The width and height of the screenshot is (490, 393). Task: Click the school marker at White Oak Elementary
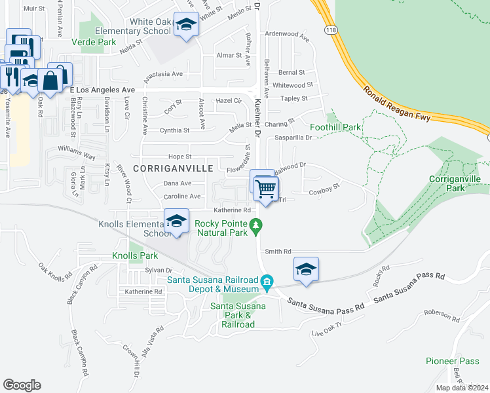click(187, 25)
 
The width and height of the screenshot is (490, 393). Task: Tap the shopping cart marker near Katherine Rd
click(265, 189)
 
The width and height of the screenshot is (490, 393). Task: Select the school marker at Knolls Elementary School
click(176, 221)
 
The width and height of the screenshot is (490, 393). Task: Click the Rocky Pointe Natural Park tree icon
click(257, 227)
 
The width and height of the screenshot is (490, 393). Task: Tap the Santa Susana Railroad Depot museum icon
click(267, 282)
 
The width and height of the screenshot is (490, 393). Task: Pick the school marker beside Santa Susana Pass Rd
click(306, 269)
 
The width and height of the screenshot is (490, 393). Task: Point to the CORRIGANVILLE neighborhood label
click(172, 168)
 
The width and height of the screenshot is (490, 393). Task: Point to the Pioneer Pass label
click(453, 361)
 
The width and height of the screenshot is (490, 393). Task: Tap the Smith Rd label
click(278, 251)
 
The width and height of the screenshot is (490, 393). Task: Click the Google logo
click(22, 385)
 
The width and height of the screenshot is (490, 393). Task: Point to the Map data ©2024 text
click(462, 388)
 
